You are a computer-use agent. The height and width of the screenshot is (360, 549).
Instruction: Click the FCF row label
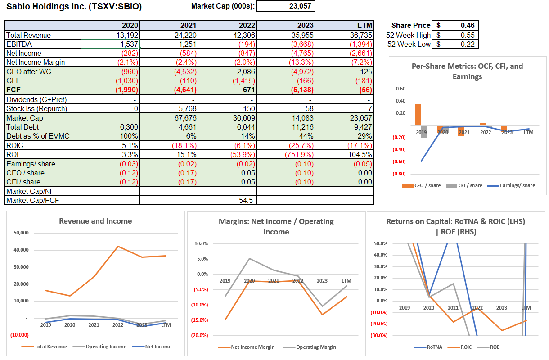pyautogui.click(x=13, y=90)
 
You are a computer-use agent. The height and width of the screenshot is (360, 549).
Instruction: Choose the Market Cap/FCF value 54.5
pyautogui.click(x=247, y=200)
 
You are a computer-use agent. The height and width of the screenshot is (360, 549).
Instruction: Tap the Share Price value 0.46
pyautogui.click(x=465, y=26)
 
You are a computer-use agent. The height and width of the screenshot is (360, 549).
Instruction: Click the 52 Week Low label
pyautogui.click(x=409, y=44)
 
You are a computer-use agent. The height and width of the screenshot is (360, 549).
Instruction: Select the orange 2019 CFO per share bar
pyautogui.click(x=418, y=114)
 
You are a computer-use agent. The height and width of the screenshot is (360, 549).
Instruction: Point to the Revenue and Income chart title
pyautogui.click(x=95, y=221)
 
